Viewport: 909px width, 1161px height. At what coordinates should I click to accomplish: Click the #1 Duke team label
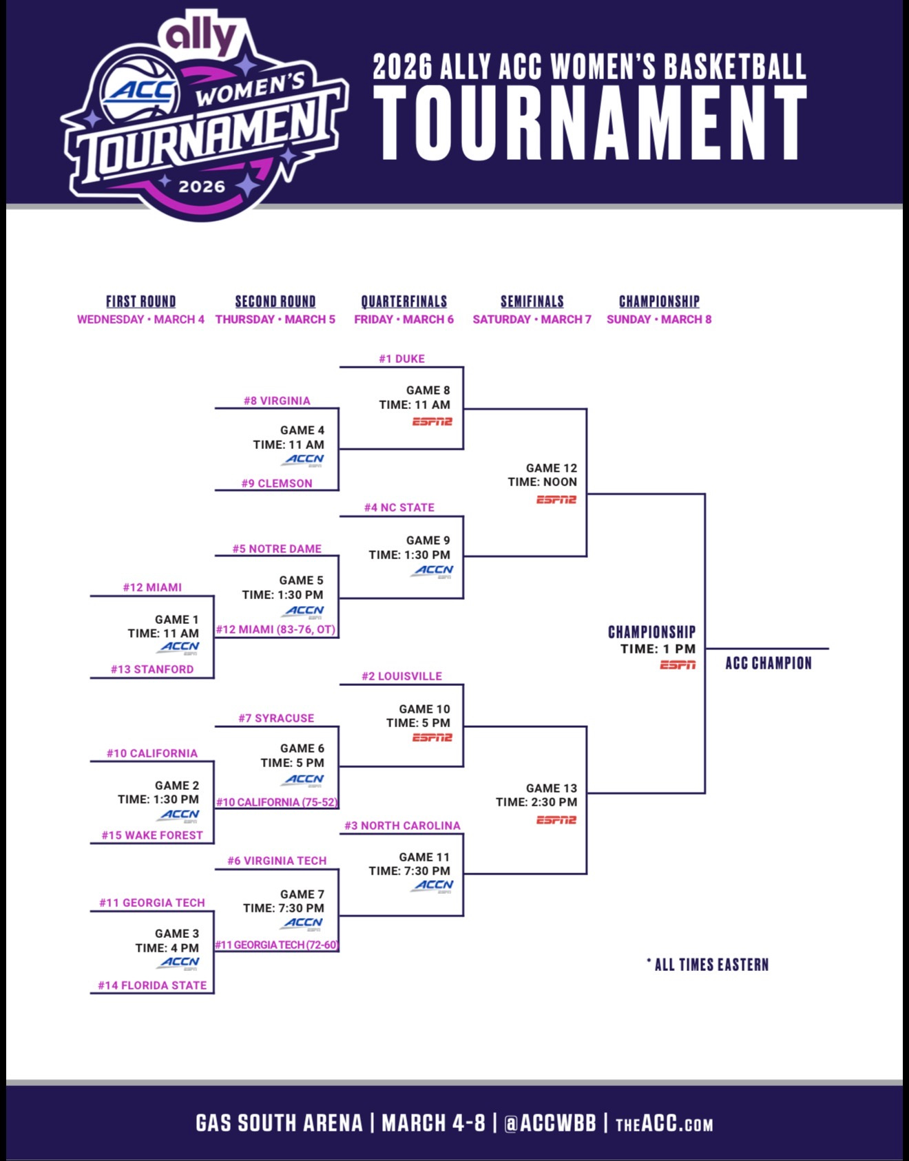pos(401,359)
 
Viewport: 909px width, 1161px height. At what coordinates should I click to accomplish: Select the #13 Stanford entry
pos(152,669)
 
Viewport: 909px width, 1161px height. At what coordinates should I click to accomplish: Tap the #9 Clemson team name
pos(277,483)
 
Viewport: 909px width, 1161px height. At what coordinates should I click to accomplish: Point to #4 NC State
pos(399,508)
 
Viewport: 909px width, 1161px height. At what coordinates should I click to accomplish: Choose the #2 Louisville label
pos(401,676)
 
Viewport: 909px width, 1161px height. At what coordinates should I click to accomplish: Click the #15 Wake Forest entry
pos(152,835)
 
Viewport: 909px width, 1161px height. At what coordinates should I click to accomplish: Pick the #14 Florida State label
pos(152,985)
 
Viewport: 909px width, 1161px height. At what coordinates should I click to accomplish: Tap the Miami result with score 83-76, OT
pos(276,629)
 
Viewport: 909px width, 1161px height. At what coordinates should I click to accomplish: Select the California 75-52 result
pos(277,802)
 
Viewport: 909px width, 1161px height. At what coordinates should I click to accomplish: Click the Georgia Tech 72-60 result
pos(276,945)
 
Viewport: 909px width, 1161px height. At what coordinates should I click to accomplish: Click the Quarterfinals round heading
pos(404,302)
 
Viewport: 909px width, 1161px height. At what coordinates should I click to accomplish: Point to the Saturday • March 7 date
pos(532,320)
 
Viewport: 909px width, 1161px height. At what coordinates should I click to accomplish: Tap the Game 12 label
pos(552,468)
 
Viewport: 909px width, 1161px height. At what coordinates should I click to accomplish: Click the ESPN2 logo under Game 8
pos(432,421)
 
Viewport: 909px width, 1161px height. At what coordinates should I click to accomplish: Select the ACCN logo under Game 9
pos(433,570)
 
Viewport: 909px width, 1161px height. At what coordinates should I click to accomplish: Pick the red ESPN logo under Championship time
pos(678,665)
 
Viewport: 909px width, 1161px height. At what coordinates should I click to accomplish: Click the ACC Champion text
pos(769,663)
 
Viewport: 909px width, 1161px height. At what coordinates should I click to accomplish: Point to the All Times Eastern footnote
pos(708,965)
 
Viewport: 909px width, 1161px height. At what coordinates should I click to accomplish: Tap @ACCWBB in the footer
pos(550,1123)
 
